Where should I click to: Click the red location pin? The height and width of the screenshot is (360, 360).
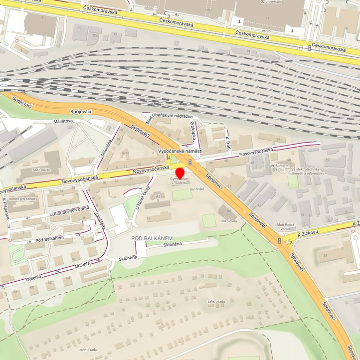pos(180,173)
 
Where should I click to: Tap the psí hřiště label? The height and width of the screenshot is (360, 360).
pos(197,189)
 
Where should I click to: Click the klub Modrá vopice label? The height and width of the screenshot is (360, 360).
pos(284,226)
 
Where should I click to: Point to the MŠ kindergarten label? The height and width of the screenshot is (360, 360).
pos(158,196)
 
